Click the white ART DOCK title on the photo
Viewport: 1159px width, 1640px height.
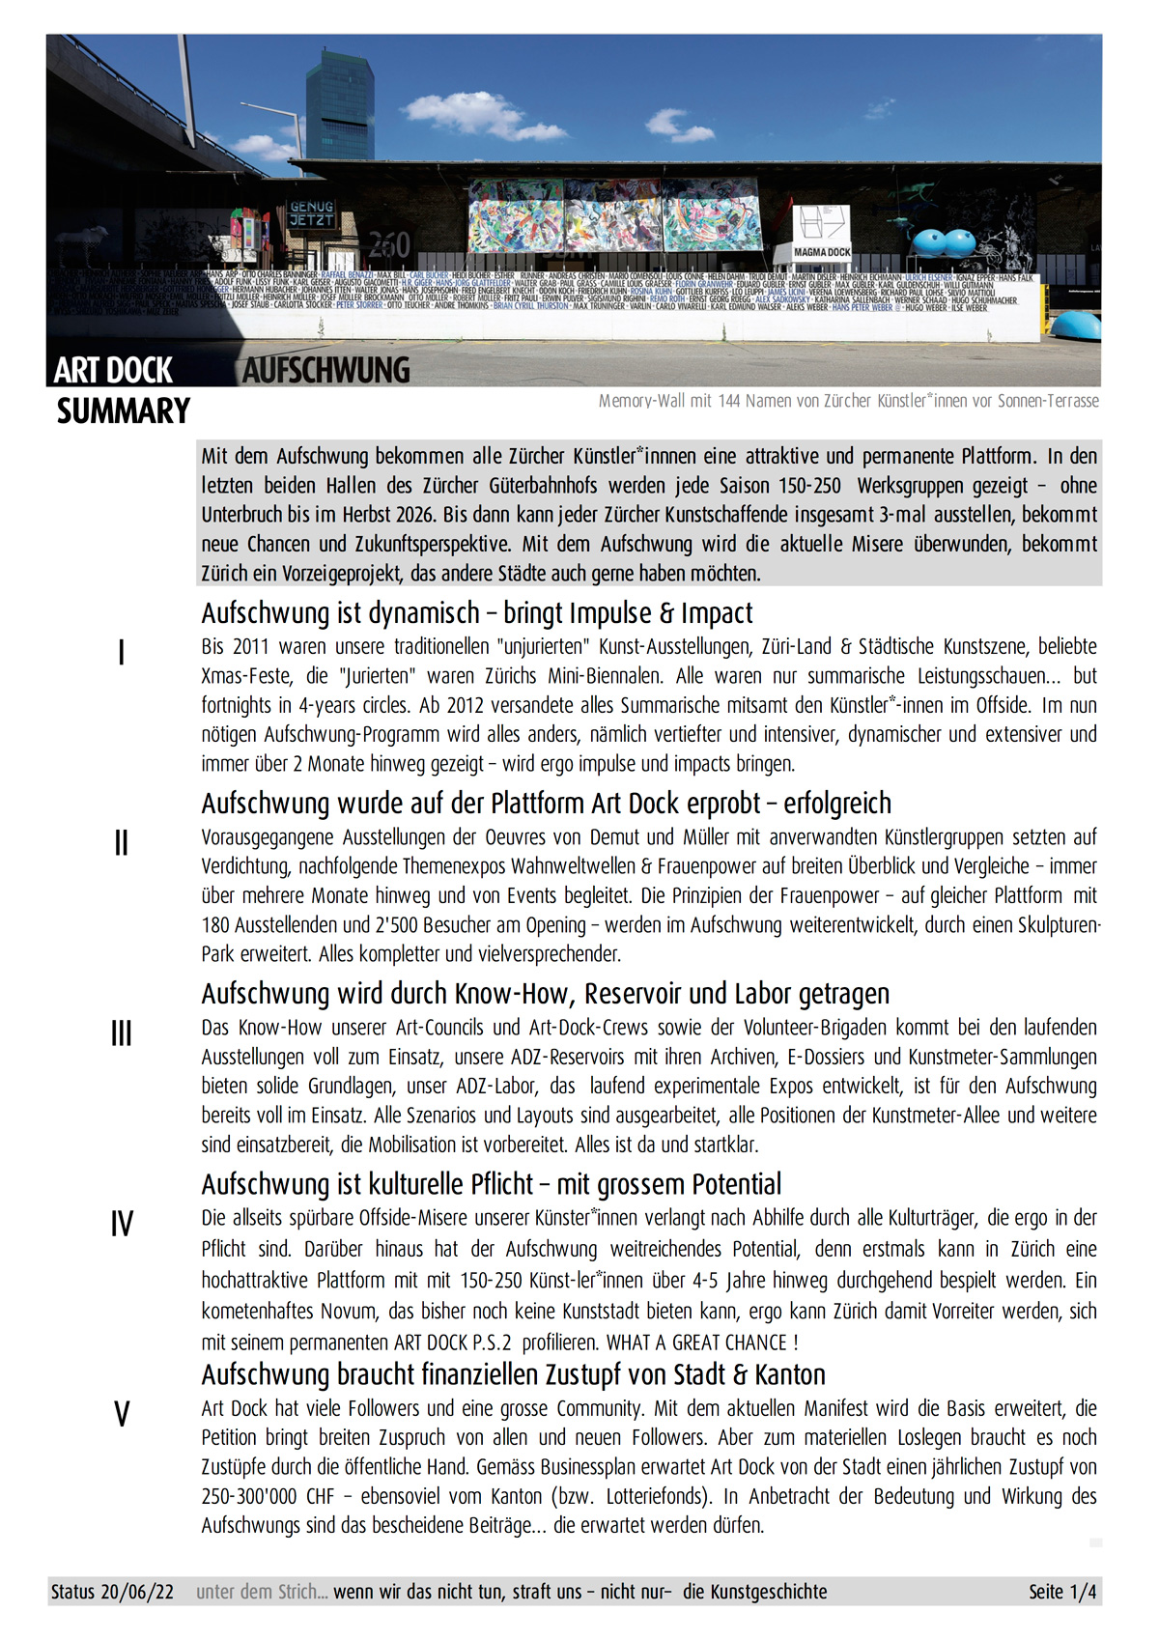(x=113, y=370)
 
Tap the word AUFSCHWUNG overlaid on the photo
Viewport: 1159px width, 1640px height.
(x=326, y=370)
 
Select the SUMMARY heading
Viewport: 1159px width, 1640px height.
(x=124, y=411)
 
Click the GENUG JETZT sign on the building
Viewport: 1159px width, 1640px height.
(x=311, y=213)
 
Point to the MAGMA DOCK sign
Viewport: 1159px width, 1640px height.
(x=822, y=252)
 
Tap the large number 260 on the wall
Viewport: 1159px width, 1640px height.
(x=389, y=244)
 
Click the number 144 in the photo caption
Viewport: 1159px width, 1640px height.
(x=727, y=401)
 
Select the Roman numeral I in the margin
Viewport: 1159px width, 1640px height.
(x=121, y=654)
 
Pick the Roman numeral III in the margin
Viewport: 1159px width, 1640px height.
(x=121, y=1034)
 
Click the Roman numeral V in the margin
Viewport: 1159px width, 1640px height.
(x=122, y=1415)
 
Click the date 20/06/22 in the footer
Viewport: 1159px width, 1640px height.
(x=137, y=1592)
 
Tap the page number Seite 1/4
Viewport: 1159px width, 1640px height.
(x=1062, y=1592)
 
